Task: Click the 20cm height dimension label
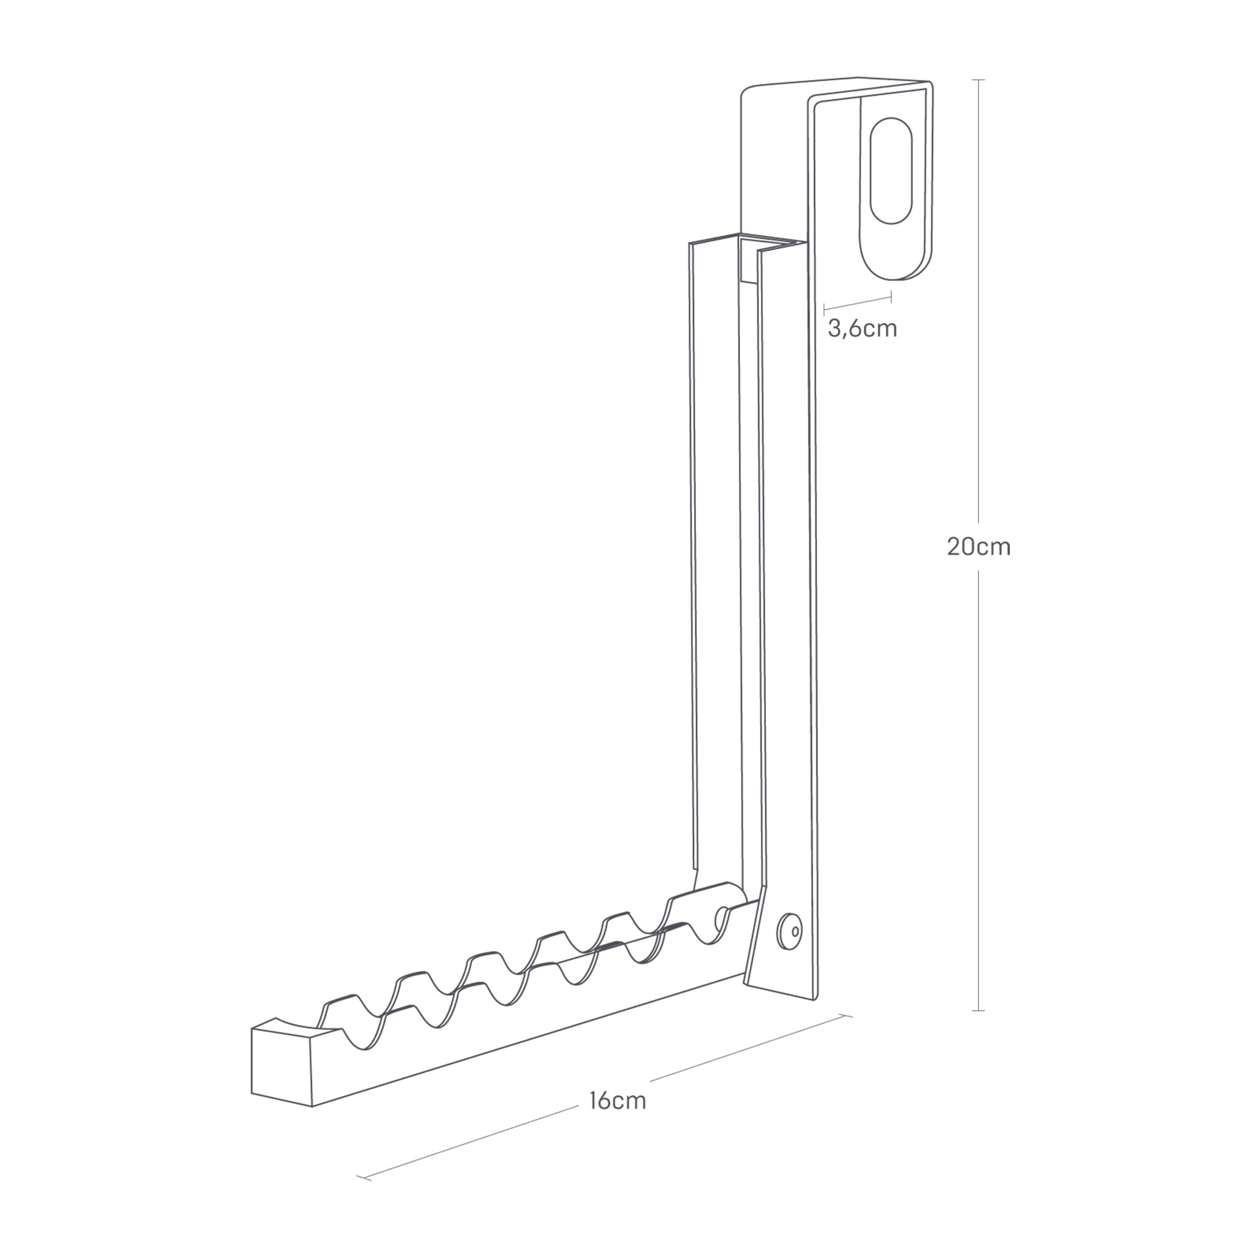(979, 546)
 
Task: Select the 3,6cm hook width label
(862, 328)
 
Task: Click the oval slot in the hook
(891, 171)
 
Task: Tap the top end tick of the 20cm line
(978, 80)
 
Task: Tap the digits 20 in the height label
(959, 546)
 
